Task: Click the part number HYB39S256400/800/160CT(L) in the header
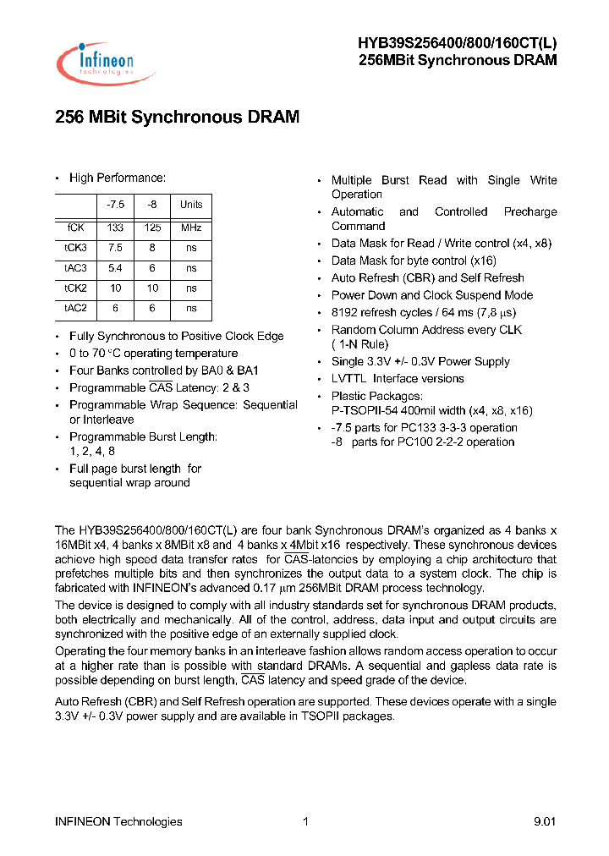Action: point(457,44)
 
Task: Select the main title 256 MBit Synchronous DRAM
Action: point(177,118)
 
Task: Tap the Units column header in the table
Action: point(191,205)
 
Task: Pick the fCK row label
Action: point(75,228)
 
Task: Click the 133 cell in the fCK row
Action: point(115,228)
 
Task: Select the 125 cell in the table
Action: point(152,228)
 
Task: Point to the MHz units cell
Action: point(191,228)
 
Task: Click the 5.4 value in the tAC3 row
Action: point(115,268)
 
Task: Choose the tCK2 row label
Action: point(75,288)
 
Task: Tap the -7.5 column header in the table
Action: point(115,205)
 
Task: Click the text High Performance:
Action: point(118,178)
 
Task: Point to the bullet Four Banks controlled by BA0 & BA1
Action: point(164,370)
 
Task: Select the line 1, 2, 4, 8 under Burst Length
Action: point(92,451)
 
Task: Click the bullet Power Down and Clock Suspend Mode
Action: point(432,295)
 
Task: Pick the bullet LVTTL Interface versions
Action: point(398,379)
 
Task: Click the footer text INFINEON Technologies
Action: point(118,821)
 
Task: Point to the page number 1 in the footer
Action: point(305,821)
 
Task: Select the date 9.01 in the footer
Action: point(545,821)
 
